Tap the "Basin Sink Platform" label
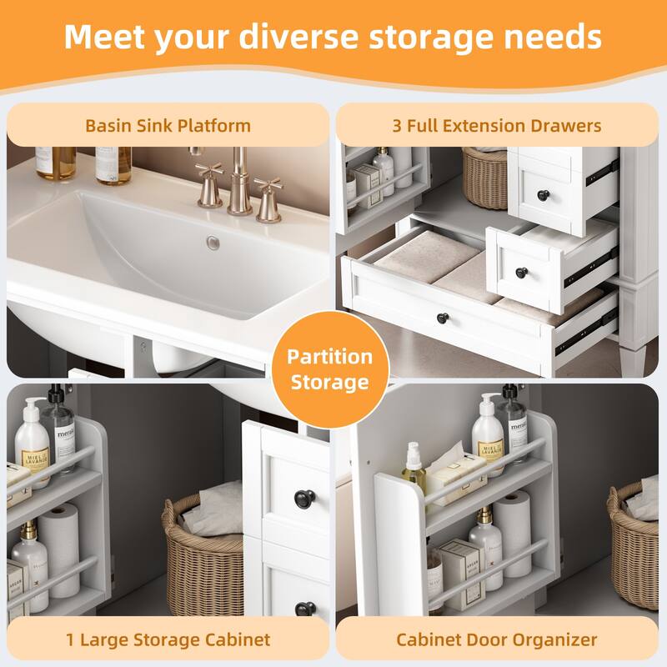[x=168, y=126]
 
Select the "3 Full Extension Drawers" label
[x=497, y=126]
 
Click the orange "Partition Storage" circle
[x=330, y=369]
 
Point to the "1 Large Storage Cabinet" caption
[x=168, y=639]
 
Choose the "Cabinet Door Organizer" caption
[x=496, y=639]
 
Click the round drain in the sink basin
[x=213, y=243]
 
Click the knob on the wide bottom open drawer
[x=443, y=318]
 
